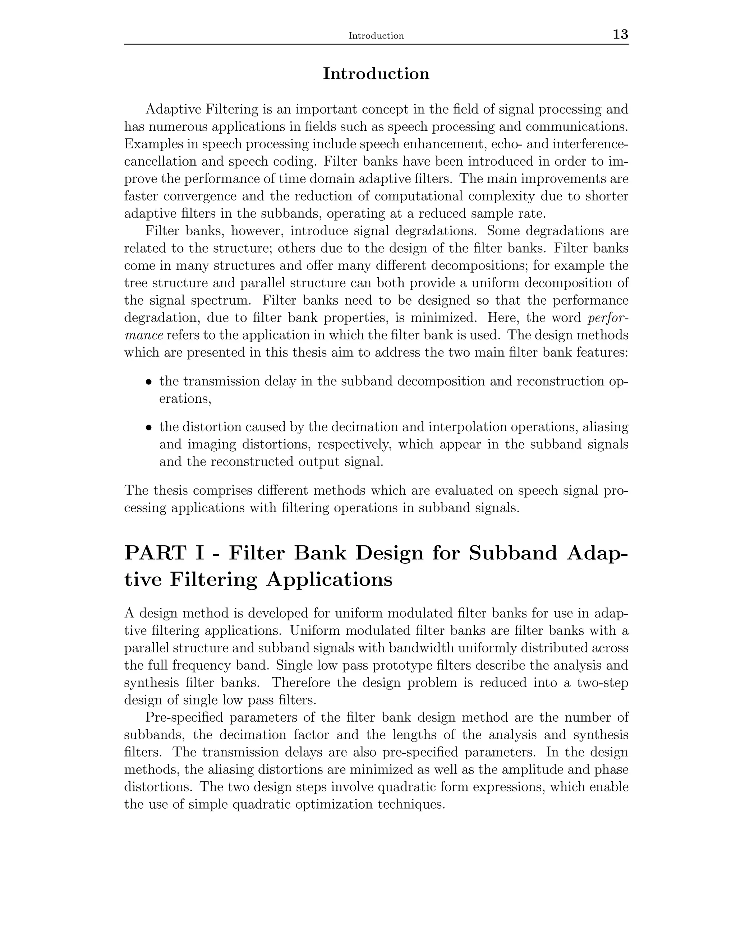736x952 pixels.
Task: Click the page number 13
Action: pyautogui.click(x=620, y=34)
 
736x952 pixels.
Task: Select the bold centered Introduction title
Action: pyautogui.click(x=376, y=74)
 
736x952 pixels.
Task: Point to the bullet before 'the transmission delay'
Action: pyautogui.click(x=149, y=382)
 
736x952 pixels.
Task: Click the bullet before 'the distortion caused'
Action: pyautogui.click(x=149, y=428)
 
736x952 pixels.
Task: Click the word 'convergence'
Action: pyautogui.click(x=202, y=197)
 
